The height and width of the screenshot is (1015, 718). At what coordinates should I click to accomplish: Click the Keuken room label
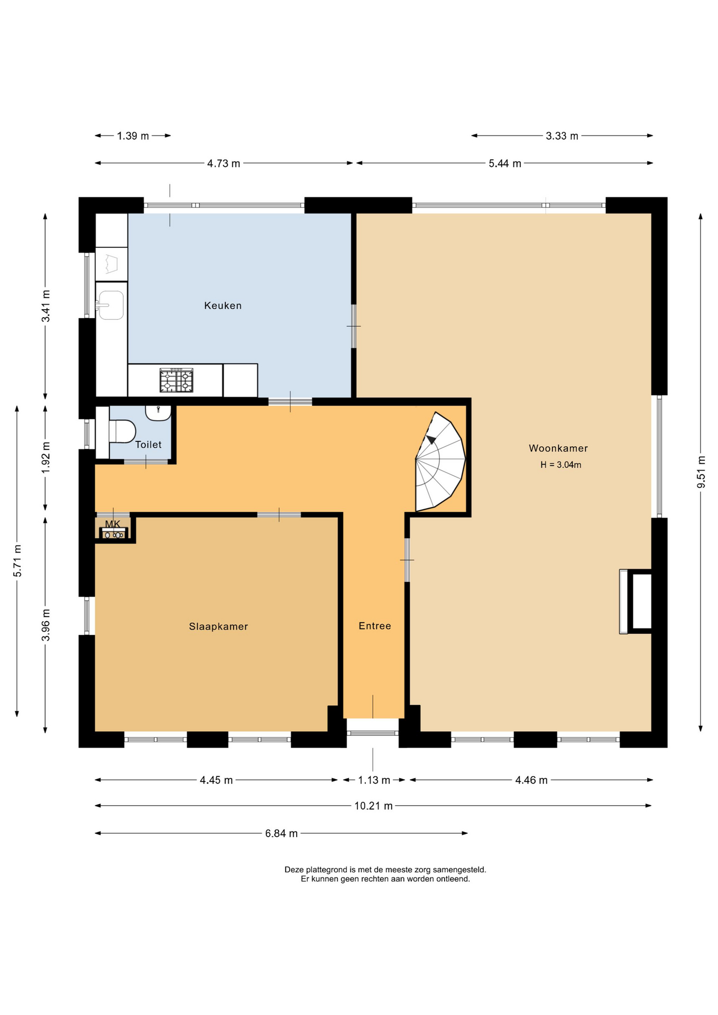(223, 306)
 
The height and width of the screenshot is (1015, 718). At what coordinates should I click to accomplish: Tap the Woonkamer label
(558, 448)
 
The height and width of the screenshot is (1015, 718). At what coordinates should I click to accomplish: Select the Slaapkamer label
(218, 626)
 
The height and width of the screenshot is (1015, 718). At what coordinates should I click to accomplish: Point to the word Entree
(375, 626)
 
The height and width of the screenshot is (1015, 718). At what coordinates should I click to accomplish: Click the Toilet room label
(149, 445)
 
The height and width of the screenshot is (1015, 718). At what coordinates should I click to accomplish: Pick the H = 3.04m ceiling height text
(560, 465)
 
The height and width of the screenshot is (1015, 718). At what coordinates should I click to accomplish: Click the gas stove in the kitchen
(177, 380)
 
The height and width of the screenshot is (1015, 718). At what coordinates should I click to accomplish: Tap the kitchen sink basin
(111, 306)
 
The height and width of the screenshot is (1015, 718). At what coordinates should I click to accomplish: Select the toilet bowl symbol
(122, 431)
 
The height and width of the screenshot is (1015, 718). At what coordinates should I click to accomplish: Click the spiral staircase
(440, 462)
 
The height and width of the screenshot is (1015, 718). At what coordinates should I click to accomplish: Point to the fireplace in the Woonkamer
(636, 601)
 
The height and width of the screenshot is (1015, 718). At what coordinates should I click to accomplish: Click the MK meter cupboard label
(113, 524)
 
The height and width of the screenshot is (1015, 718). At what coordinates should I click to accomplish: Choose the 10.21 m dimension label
(373, 806)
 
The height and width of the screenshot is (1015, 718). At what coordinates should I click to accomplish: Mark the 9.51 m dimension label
(701, 472)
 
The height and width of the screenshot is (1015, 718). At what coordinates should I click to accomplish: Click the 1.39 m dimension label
(133, 136)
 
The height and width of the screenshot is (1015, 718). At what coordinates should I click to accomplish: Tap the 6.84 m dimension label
(281, 833)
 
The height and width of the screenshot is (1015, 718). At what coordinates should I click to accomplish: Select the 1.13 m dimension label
(374, 780)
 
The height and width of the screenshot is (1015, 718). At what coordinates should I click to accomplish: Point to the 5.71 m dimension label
(17, 560)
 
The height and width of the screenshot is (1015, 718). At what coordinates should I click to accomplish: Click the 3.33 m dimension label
(562, 136)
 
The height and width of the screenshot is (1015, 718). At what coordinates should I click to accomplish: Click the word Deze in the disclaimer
(294, 869)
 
